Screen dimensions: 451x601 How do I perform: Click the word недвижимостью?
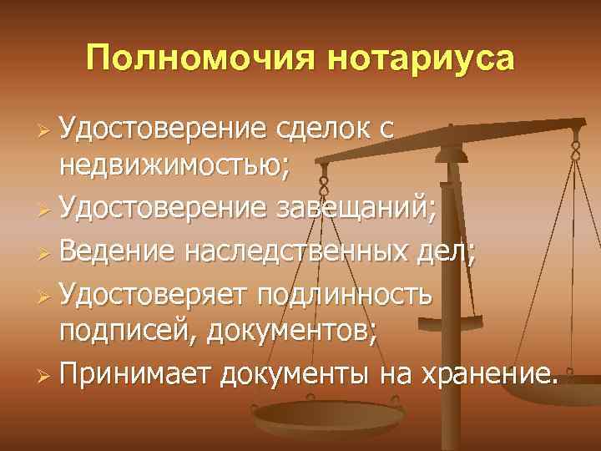[x=174, y=167]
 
